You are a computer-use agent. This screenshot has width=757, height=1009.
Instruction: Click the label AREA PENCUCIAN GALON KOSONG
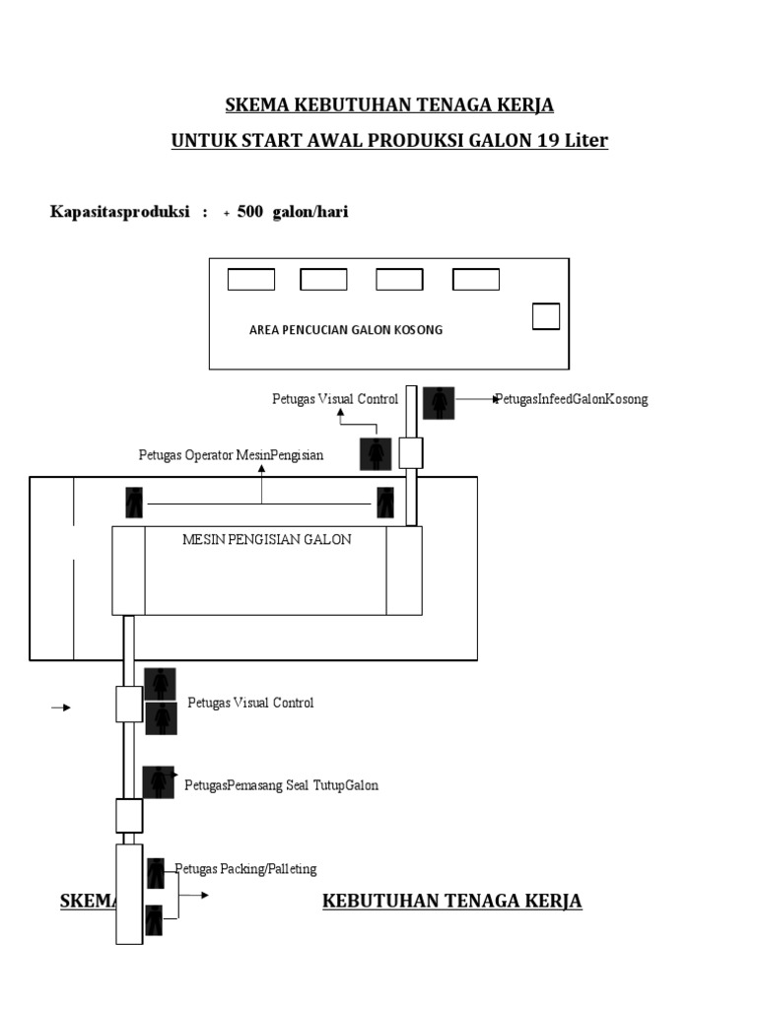[346, 330]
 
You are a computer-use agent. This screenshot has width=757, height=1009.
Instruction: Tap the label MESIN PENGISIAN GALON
[266, 539]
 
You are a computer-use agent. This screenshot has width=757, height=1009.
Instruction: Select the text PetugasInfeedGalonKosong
[572, 399]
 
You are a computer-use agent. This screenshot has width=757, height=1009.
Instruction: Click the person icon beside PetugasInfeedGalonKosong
[439, 403]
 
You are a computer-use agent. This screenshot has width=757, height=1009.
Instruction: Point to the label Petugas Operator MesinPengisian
[231, 455]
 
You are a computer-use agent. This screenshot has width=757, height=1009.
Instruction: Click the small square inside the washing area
[546, 316]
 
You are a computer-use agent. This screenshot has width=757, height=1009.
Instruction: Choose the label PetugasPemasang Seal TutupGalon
[281, 785]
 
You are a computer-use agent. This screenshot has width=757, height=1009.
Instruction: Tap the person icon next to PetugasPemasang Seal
[159, 782]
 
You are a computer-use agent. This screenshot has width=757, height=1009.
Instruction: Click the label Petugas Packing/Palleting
[245, 869]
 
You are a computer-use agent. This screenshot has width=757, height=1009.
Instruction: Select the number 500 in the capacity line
[249, 212]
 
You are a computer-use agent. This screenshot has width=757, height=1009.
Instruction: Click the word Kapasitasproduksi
[119, 212]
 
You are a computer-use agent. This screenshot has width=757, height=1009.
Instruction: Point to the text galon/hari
[310, 212]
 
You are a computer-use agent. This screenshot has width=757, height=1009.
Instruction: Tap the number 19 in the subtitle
[548, 140]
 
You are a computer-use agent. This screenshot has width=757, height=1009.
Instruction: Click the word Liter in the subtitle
[586, 140]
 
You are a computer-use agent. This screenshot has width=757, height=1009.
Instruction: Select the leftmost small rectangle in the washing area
[251, 279]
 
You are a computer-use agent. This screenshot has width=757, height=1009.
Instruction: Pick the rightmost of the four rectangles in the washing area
[476, 279]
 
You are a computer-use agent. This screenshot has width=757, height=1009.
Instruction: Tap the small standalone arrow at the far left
[61, 707]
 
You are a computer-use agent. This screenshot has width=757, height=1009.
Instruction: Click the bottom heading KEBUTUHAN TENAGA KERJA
[451, 901]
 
